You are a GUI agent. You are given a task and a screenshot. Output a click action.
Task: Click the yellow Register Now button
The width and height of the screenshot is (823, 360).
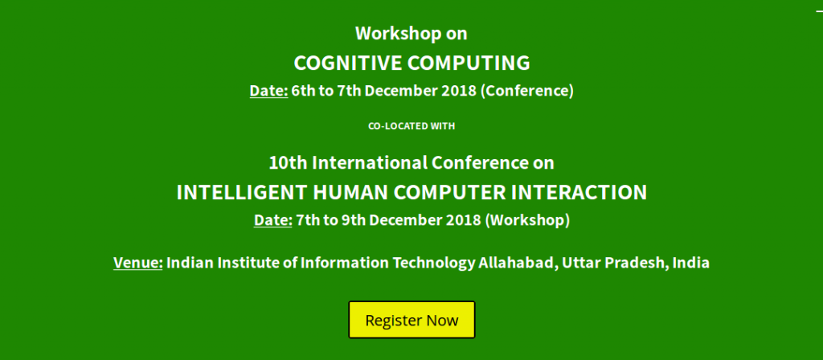point(411,320)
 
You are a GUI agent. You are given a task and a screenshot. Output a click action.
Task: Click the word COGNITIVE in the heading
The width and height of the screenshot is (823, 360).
point(349,63)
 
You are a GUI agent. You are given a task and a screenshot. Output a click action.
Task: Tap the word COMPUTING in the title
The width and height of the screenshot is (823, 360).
point(469,63)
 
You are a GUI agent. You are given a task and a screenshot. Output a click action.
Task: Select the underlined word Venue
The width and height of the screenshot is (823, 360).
point(138,263)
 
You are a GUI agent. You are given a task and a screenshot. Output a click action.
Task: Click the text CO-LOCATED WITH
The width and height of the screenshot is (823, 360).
point(411,126)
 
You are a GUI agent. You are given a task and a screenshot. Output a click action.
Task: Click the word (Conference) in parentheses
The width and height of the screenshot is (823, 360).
point(527,91)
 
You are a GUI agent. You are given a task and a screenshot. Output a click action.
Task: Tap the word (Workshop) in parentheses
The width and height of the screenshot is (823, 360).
point(527,220)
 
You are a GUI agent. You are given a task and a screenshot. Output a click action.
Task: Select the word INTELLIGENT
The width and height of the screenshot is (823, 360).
point(242,193)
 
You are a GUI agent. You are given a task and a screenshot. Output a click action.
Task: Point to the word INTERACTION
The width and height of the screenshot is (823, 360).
point(579,193)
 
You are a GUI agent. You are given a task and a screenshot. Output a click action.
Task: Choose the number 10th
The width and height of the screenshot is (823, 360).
point(288,163)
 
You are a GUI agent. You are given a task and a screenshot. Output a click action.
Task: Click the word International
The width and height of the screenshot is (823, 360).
point(370,163)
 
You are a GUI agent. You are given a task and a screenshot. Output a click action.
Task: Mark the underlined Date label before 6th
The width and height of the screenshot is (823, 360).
point(268,91)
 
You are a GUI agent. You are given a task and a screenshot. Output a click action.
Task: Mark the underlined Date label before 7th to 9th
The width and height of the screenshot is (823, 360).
point(273,220)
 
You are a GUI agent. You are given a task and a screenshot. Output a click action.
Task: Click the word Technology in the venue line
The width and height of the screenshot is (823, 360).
point(433,263)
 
